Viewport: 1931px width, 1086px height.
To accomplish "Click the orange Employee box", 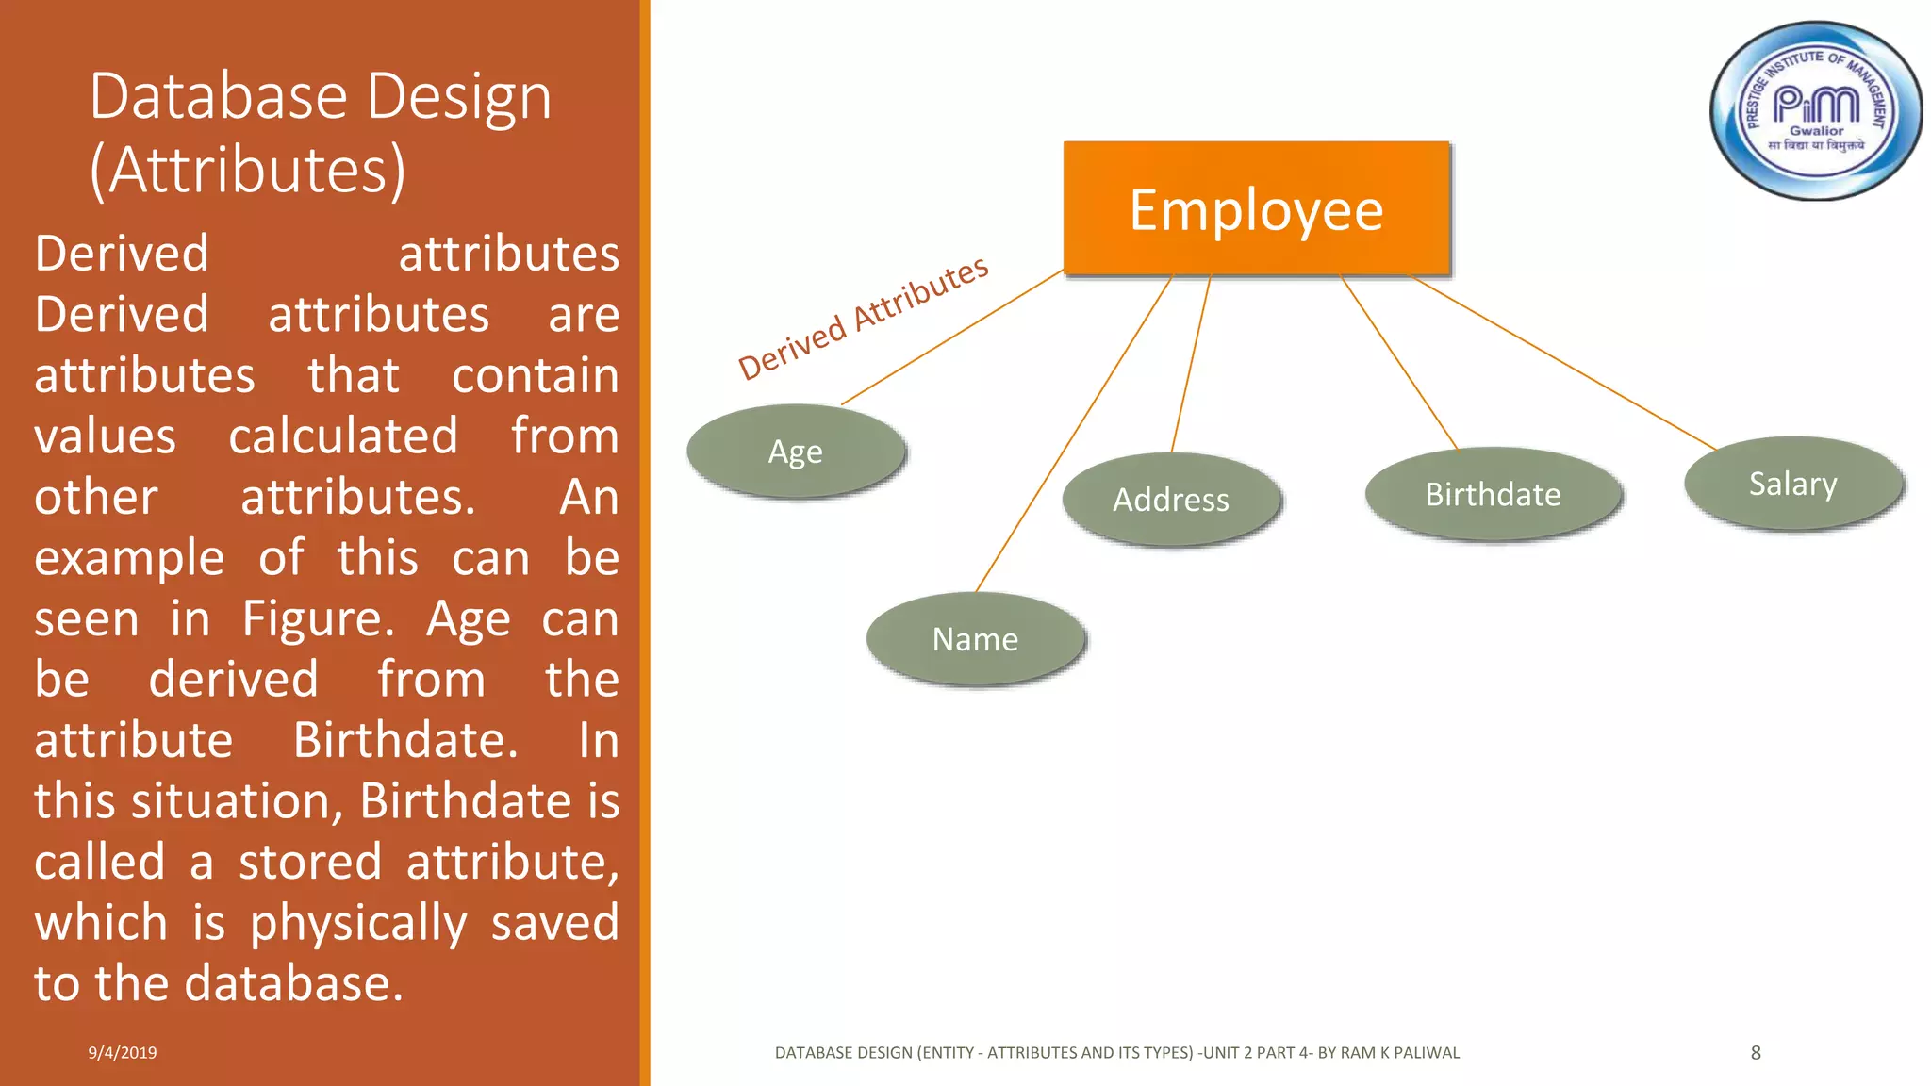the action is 1256,208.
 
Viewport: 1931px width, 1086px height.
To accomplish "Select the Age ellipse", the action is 796,452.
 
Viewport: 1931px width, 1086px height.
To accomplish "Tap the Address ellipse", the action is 1171,499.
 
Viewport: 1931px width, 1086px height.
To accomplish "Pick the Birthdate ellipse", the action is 1493,494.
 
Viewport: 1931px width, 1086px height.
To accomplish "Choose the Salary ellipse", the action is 1792,484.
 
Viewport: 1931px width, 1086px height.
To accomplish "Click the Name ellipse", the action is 975,639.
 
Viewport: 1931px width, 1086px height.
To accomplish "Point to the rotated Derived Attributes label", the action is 863,318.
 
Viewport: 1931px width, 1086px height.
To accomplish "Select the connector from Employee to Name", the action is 1074,434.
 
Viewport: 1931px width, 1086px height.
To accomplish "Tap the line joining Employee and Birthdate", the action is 1399,362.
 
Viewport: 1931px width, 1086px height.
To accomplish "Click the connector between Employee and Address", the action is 1191,363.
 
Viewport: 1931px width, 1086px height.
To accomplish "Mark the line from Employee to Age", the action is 952,337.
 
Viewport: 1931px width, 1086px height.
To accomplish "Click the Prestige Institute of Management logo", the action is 1815,111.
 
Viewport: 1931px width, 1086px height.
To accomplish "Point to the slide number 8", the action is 1756,1053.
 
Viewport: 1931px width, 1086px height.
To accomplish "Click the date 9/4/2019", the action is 123,1053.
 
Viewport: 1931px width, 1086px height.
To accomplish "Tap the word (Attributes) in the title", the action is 248,171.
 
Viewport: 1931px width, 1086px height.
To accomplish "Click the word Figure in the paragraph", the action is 318,619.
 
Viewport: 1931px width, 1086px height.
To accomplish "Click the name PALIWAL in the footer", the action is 1426,1053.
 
